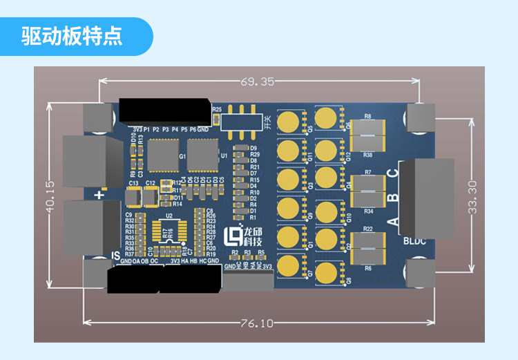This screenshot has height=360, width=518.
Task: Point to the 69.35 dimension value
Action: (x=258, y=82)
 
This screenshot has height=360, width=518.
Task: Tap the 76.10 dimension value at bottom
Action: (x=258, y=322)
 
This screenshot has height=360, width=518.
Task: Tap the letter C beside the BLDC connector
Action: (x=392, y=176)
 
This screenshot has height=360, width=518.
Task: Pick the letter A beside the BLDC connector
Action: (x=393, y=222)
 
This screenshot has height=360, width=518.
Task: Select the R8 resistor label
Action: (x=367, y=116)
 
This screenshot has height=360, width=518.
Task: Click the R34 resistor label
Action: (x=368, y=211)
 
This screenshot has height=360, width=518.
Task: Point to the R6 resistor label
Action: (x=368, y=267)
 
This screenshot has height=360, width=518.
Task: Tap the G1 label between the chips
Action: (x=182, y=157)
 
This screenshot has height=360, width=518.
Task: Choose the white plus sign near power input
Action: (x=100, y=196)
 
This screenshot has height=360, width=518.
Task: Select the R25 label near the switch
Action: (x=217, y=109)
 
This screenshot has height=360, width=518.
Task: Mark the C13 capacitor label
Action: (x=133, y=183)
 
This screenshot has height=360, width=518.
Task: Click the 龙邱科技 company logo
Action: (x=244, y=236)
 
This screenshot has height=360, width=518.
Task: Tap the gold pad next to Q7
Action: (x=291, y=265)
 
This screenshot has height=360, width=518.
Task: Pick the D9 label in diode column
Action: (x=253, y=148)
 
